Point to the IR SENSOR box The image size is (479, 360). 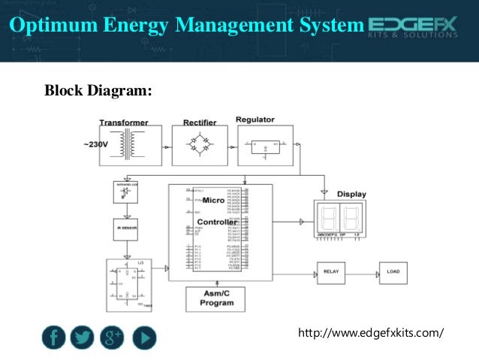[x=125, y=228]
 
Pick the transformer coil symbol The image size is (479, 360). [x=129, y=143]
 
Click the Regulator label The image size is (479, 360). [x=255, y=119]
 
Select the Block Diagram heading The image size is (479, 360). [x=98, y=91]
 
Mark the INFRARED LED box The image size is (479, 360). [x=125, y=191]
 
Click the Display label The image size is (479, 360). [x=351, y=194]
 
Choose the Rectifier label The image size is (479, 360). [x=199, y=121]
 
